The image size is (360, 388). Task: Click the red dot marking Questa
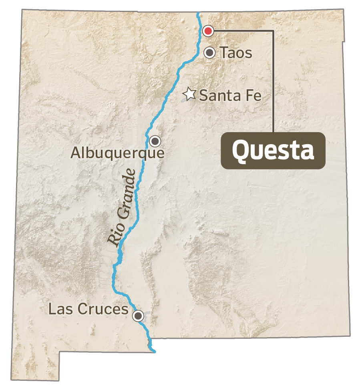coord(208,31)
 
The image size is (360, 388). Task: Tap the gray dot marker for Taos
coord(210,52)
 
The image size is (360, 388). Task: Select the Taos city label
coord(235,53)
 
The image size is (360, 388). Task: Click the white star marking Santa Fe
coord(189,94)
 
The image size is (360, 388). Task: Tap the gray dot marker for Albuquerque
coord(155,141)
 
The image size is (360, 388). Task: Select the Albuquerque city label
coord(117,153)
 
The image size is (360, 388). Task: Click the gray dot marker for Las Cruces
coord(139,316)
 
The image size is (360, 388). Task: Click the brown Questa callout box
coord(273,151)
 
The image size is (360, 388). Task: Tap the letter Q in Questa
coord(239,151)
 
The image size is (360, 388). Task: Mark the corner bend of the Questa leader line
coord(274,31)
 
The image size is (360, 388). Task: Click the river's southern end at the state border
coord(153,351)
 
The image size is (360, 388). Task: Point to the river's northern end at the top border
coord(198,14)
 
